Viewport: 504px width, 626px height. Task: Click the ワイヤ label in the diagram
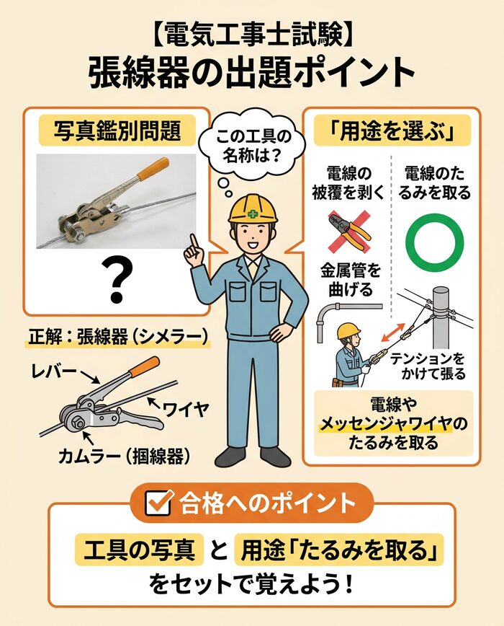(186, 410)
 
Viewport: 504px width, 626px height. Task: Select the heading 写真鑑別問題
(117, 131)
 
